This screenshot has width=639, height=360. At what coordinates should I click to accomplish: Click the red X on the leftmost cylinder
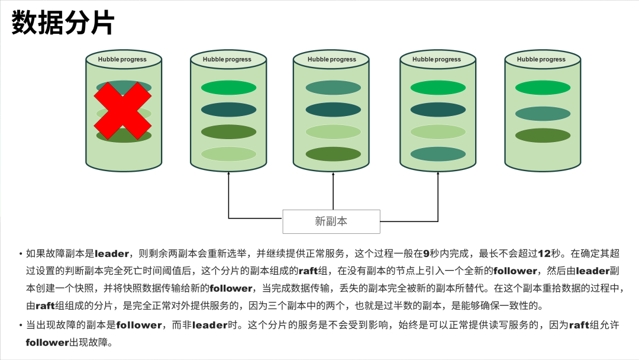[123, 111]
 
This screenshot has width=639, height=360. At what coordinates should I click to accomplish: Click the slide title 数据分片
[62, 24]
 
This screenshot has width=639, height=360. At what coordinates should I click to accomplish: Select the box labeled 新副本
[331, 221]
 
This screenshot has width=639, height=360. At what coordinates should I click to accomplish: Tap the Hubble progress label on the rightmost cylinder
[541, 59]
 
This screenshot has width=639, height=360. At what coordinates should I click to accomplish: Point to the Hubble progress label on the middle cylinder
[331, 59]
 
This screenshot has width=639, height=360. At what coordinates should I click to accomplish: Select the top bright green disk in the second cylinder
[228, 88]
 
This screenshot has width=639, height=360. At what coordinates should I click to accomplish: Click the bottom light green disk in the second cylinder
[228, 154]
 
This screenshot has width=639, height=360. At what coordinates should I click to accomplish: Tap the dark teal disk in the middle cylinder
[333, 110]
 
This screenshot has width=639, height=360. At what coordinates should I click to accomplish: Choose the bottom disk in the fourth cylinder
[438, 154]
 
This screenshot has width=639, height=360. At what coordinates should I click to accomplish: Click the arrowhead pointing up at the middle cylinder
[333, 176]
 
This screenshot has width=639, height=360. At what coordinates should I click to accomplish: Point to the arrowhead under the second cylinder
[228, 176]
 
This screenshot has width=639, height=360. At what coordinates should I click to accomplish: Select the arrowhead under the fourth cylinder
[438, 176]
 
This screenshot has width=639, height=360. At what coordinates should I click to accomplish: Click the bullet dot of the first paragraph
[21, 254]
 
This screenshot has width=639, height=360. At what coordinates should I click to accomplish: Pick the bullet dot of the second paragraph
[21, 325]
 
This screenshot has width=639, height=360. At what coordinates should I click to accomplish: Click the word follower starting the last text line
[47, 343]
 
